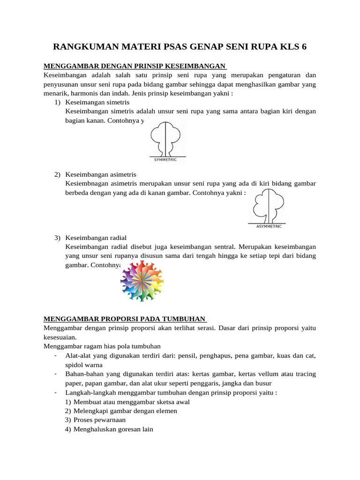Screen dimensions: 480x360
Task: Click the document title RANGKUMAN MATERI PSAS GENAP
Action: (180, 46)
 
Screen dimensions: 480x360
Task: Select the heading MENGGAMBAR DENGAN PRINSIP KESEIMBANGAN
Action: (135, 66)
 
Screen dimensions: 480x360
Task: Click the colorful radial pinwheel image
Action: (142, 280)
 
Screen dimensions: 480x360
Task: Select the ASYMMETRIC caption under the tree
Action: (269, 226)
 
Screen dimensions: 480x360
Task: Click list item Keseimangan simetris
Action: (97, 102)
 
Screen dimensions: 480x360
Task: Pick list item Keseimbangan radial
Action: (96, 238)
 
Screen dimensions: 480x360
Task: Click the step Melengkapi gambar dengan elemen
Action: (122, 411)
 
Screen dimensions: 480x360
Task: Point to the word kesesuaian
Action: (59, 337)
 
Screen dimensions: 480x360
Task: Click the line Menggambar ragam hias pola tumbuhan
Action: (102, 346)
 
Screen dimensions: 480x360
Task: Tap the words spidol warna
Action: (84, 365)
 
